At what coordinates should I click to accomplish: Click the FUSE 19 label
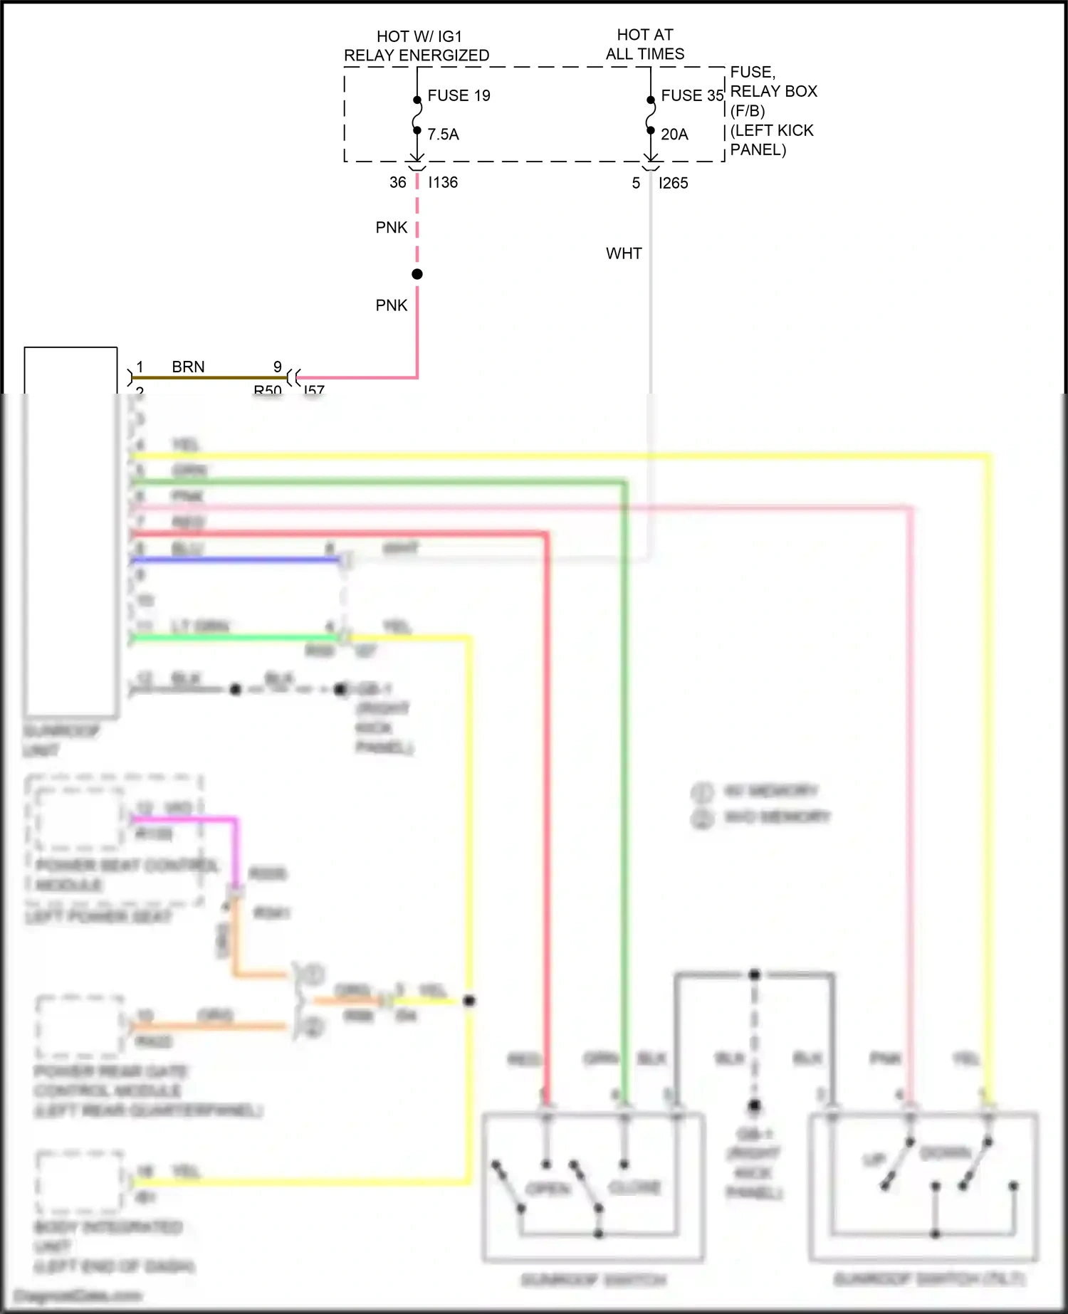click(459, 95)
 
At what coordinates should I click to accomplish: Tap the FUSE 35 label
click(691, 95)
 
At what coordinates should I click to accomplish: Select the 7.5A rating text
click(443, 134)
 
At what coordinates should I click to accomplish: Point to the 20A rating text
click(674, 134)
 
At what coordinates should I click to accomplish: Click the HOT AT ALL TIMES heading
click(645, 44)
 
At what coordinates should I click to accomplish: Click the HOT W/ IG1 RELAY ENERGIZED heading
click(417, 46)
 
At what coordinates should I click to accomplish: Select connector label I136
click(443, 182)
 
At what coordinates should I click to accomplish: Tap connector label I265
click(673, 183)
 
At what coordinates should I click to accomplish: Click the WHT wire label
click(624, 253)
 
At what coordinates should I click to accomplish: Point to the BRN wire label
click(188, 367)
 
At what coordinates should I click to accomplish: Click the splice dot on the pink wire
click(417, 274)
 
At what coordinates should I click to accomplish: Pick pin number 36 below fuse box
click(397, 182)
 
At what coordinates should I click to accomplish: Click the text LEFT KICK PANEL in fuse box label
click(772, 140)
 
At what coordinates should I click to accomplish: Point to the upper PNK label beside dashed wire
click(391, 227)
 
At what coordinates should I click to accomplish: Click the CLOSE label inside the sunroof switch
click(634, 1187)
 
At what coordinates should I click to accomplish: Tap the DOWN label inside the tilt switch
click(945, 1152)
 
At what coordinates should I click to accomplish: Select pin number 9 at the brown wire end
click(278, 367)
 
